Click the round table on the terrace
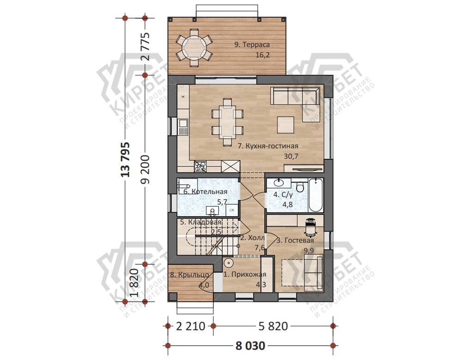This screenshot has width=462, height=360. pyautogui.click(x=194, y=47)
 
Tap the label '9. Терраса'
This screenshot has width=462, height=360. pyautogui.click(x=252, y=45)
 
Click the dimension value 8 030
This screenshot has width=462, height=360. pyautogui.click(x=250, y=346)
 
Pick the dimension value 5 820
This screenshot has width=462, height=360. pyautogui.click(x=273, y=326)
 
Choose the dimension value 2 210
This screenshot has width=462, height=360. pyautogui.click(x=190, y=326)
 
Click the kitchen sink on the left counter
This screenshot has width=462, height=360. pyautogui.click(x=182, y=127)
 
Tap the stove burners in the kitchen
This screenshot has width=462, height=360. pyautogui.click(x=201, y=167)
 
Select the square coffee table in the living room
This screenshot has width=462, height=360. pyautogui.click(x=285, y=125)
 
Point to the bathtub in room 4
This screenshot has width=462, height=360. pyautogui.click(x=316, y=195)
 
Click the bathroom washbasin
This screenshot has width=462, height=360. pyautogui.click(x=279, y=183)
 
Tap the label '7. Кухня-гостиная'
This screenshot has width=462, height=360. pyautogui.click(x=268, y=146)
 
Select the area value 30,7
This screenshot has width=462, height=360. pyautogui.click(x=291, y=156)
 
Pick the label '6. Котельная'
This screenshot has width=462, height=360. pyautogui.click(x=206, y=192)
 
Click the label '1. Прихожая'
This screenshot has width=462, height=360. pyautogui.click(x=244, y=275)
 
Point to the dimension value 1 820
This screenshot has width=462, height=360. pyautogui.click(x=135, y=282)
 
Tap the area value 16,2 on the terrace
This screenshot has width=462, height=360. pyautogui.click(x=262, y=55)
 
